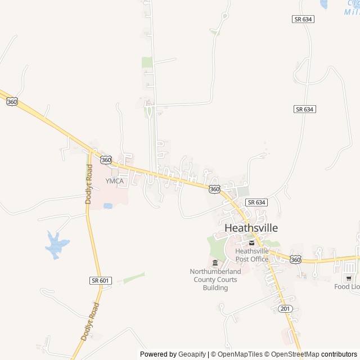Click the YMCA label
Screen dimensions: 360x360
[x=114, y=181]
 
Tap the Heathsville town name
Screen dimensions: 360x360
[x=251, y=228]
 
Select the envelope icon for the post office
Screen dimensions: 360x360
[x=251, y=242]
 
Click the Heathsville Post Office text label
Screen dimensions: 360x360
[x=251, y=255]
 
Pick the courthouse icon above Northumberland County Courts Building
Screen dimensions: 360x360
[x=215, y=263]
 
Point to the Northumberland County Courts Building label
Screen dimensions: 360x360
[x=215, y=280]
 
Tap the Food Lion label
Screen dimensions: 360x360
[x=346, y=286]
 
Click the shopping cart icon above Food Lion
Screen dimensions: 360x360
[x=349, y=278]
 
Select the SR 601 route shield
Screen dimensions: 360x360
[x=100, y=280]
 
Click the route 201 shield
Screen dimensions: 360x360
[x=285, y=309]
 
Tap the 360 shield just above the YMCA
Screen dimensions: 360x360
[x=107, y=160]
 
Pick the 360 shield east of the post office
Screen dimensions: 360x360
[x=295, y=259]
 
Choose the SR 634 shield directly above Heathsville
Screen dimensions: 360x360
[x=256, y=202]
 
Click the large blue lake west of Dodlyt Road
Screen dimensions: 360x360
[x=56, y=245]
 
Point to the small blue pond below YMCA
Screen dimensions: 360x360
[x=107, y=206]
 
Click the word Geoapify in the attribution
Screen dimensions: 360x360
[x=192, y=354]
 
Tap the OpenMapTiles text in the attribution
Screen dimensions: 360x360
[x=239, y=354]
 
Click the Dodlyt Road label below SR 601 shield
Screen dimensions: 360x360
[x=90, y=321]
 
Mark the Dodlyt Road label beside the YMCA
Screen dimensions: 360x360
[x=88, y=183]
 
